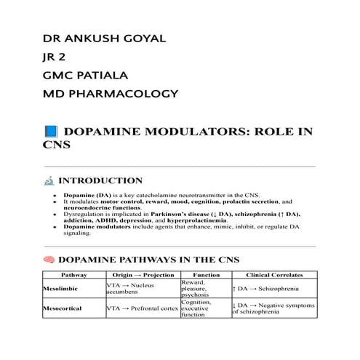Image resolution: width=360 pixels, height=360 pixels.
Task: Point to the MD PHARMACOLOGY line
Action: coord(111,94)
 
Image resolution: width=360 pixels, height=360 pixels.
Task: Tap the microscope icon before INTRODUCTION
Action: coord(49,181)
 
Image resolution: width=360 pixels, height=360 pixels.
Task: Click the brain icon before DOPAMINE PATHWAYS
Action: coord(49,260)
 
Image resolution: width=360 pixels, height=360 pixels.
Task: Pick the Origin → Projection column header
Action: coord(142,275)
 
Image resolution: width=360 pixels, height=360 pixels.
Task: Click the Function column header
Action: coord(205,275)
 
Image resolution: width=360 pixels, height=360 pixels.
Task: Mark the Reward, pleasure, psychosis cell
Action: coord(197,289)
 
